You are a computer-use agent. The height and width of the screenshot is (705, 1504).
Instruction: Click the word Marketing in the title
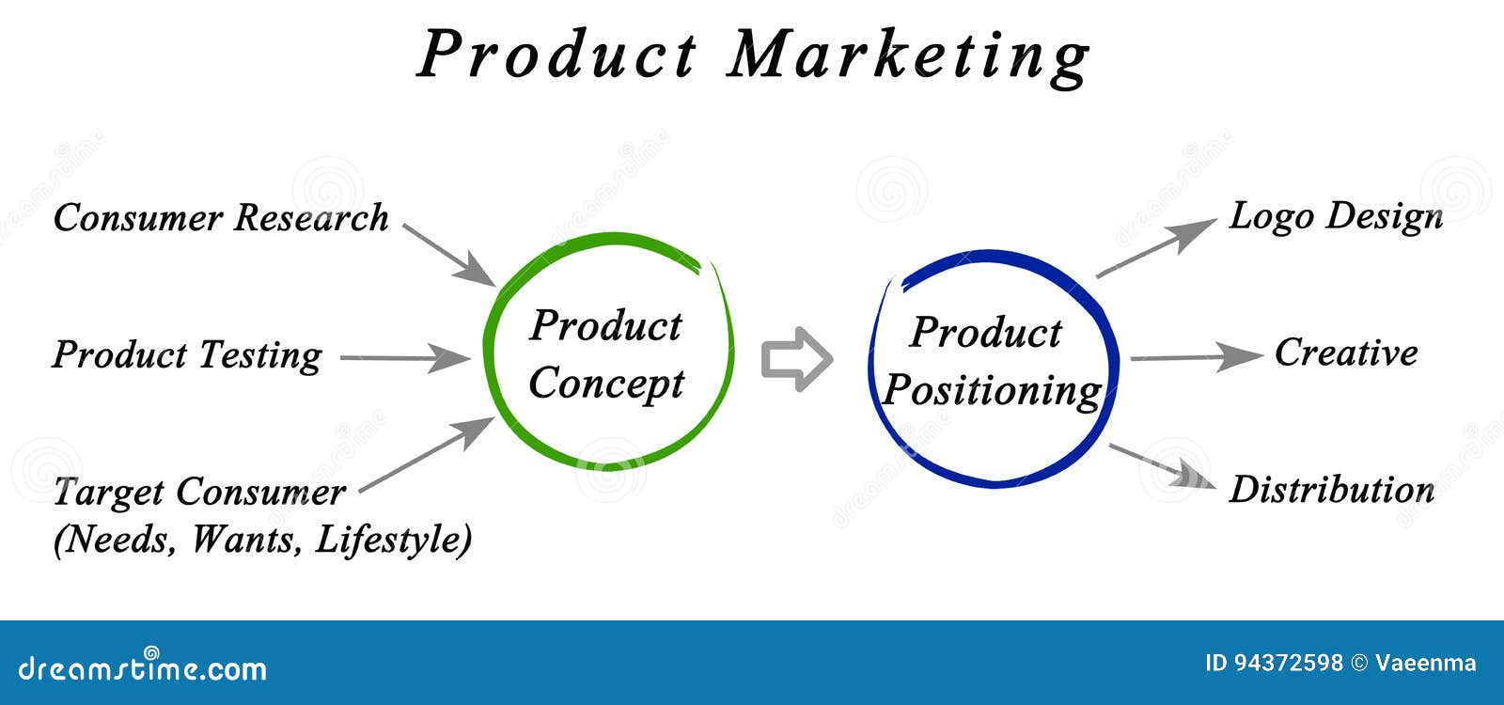click(908, 57)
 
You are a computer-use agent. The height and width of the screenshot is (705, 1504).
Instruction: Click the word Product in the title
click(558, 54)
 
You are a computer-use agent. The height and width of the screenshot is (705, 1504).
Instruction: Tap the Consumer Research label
click(221, 217)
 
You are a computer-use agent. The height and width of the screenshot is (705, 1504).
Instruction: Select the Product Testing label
click(187, 355)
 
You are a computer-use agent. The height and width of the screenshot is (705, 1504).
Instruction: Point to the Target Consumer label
click(199, 493)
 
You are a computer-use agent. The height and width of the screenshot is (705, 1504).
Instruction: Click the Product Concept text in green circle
click(605, 354)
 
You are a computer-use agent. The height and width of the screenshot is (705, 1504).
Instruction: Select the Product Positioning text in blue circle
click(991, 362)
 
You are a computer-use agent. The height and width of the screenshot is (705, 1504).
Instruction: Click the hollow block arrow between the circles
click(797, 359)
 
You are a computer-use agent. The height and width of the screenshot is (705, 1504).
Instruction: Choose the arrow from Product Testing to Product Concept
click(405, 358)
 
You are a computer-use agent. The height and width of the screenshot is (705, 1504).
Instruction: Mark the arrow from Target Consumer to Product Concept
click(427, 455)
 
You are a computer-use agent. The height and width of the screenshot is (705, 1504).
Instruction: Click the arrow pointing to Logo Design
click(1156, 247)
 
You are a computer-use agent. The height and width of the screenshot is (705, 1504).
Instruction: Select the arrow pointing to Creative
click(1197, 357)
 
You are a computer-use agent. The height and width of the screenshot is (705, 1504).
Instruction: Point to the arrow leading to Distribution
click(1162, 465)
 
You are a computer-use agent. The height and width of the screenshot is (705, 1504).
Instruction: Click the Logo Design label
click(1336, 218)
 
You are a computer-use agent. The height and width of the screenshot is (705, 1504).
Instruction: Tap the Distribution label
click(1332, 489)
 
